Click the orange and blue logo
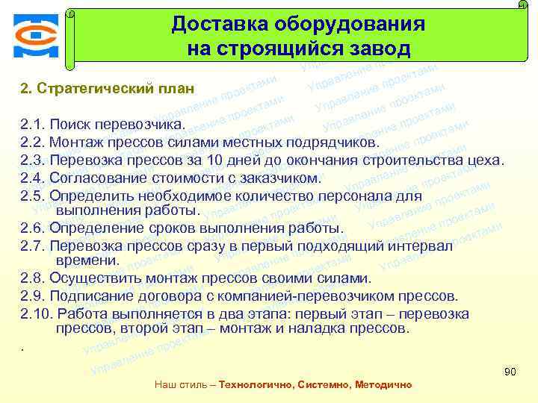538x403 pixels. click(x=34, y=35)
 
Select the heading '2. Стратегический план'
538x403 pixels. click(x=108, y=89)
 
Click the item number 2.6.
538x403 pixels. click(x=33, y=228)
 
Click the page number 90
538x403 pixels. click(x=511, y=372)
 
